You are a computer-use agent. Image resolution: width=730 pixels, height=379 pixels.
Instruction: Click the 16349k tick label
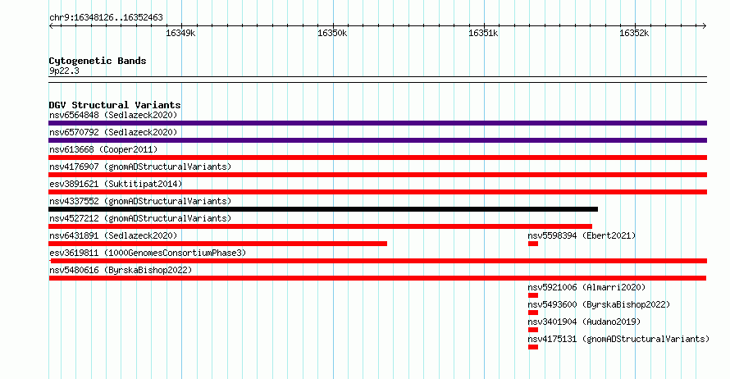pos(180,33)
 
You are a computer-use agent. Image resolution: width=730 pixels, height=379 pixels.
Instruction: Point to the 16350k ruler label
pos(332,33)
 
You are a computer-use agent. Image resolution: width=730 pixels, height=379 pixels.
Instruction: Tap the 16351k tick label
pos(483,33)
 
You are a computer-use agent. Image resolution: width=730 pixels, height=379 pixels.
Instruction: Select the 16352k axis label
pos(634,33)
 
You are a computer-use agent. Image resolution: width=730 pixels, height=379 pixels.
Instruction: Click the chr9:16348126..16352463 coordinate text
pos(106,18)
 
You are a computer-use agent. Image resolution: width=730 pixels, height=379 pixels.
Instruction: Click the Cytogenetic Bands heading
pos(98,61)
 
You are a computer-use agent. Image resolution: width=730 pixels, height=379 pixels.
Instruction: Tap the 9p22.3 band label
pos(64,71)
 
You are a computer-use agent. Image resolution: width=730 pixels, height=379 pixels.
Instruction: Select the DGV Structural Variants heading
pos(115,105)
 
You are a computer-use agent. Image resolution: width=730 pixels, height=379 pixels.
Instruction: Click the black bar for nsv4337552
pos(323,209)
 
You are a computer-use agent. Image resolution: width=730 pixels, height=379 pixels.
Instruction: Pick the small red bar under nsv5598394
pos(533,244)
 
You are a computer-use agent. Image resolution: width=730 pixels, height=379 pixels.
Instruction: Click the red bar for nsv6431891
pos(218,244)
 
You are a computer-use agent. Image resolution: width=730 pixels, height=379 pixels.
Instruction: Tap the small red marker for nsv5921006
pos(533,295)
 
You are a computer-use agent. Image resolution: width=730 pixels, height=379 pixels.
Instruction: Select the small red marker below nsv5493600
pos(533,313)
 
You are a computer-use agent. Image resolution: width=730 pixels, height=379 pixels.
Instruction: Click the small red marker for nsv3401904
pos(533,330)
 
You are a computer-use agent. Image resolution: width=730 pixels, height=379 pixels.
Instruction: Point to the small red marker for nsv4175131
pos(533,347)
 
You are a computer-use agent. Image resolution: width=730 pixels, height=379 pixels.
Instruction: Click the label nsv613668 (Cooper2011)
pos(103,149)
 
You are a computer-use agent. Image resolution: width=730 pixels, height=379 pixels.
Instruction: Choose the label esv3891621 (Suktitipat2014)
pos(116,184)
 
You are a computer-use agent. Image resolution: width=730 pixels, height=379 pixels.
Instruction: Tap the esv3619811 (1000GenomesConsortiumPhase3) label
pos(148,253)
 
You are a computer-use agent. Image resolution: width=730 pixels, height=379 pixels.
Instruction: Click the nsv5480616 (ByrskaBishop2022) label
pos(121,270)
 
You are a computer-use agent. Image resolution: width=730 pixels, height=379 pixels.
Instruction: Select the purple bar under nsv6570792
pos(378,140)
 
